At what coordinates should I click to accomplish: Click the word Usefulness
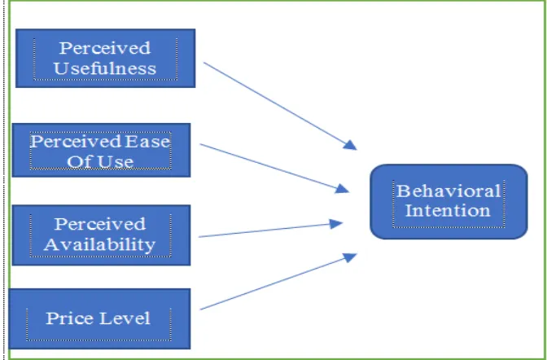tap(105, 68)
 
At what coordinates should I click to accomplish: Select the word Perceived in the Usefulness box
tap(105, 48)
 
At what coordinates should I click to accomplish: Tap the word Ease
tap(147, 142)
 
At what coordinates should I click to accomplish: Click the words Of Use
tap(100, 161)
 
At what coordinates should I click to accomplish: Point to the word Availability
tap(100, 244)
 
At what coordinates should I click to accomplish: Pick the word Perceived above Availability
tap(100, 224)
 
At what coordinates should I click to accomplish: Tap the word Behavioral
tap(449, 191)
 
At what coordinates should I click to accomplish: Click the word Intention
tap(448, 211)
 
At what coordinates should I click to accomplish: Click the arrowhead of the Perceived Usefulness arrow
tap(350, 145)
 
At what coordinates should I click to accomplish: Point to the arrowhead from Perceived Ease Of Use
tap(342, 189)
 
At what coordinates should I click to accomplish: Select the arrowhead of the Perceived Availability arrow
tap(336, 224)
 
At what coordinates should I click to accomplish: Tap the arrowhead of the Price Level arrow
tap(350, 257)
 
